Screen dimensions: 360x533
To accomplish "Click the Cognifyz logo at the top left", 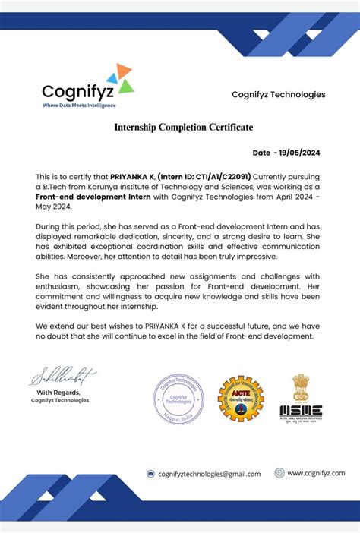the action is [x=87, y=87].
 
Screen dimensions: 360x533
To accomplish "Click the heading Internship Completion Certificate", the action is [x=184, y=127].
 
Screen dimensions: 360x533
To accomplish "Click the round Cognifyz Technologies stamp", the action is [x=178, y=399].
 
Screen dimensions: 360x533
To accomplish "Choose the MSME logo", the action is [x=301, y=398].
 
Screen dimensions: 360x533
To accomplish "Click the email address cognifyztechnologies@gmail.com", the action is [x=209, y=474].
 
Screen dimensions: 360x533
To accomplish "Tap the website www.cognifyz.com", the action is [x=315, y=472].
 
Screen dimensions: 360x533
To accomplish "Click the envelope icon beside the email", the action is [x=151, y=474].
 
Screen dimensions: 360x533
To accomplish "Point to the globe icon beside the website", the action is [x=279, y=472].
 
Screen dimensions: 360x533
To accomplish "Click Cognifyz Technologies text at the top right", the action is [x=278, y=95].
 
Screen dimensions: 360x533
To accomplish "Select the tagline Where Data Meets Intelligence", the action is [x=80, y=106].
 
